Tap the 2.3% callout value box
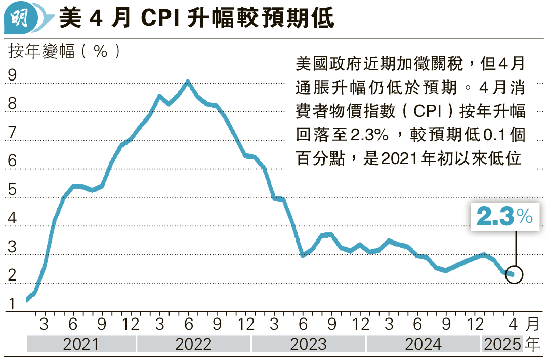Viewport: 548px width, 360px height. (x=504, y=217)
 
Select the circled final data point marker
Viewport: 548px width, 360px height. (x=514, y=274)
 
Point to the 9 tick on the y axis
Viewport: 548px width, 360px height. (x=13, y=75)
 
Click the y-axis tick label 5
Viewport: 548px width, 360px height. (x=13, y=190)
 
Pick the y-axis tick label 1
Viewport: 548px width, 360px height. (x=13, y=304)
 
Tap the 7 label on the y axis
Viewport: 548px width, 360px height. (x=13, y=133)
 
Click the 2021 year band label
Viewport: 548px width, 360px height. (x=81, y=344)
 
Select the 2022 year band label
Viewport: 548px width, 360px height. (x=193, y=344)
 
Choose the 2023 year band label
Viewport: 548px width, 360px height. (x=308, y=344)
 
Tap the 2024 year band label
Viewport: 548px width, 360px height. (x=423, y=344)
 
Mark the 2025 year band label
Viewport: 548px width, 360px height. (x=502, y=344)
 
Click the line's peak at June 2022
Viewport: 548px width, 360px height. (x=188, y=82)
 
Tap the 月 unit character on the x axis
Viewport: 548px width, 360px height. (x=532, y=323)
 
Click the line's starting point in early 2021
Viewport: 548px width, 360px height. (x=28, y=299)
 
